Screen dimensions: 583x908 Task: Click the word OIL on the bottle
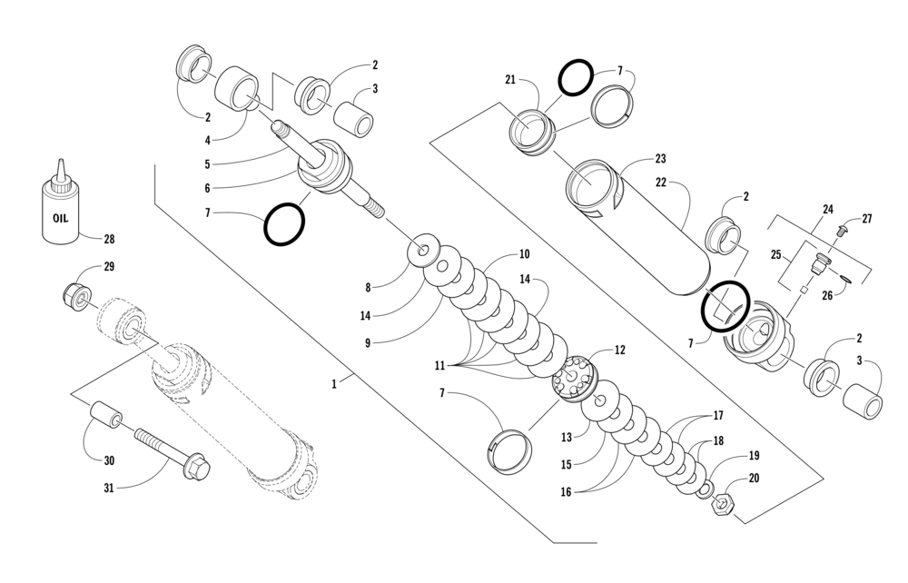[59, 218]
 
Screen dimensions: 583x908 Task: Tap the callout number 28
[109, 240]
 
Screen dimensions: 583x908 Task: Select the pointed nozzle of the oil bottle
[60, 170]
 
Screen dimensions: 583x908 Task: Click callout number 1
[334, 384]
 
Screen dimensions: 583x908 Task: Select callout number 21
[510, 80]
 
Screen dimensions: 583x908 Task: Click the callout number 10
[524, 254]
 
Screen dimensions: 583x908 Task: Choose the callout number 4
[207, 141]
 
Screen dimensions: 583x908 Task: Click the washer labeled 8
[422, 251]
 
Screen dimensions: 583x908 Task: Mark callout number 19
[754, 456]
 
